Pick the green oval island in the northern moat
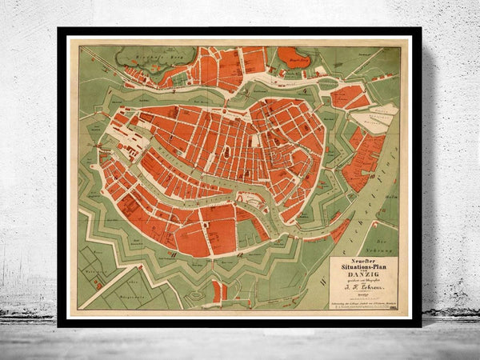click(323, 70)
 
